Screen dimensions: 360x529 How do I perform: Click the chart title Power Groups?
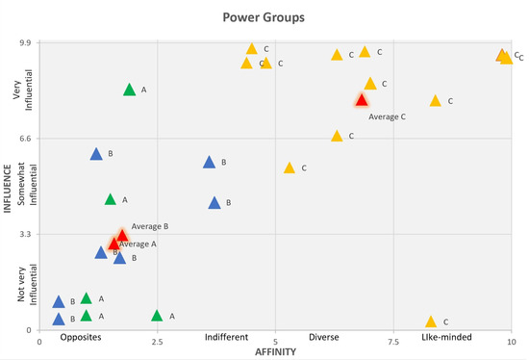(264, 16)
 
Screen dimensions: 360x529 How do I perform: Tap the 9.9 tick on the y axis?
(26, 43)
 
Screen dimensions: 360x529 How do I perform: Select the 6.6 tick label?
(26, 139)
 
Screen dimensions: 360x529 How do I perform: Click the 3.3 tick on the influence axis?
(26, 234)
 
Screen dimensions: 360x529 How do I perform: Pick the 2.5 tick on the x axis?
(157, 341)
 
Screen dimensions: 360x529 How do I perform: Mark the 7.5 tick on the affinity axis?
(393, 341)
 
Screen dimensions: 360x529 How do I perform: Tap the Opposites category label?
(81, 339)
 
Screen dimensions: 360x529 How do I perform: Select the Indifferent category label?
(226, 339)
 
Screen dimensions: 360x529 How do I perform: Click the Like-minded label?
(449, 339)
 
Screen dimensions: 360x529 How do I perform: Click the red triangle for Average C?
(362, 100)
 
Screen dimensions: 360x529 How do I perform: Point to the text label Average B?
(150, 226)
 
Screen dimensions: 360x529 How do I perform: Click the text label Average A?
(138, 244)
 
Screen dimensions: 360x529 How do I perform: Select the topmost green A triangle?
(130, 90)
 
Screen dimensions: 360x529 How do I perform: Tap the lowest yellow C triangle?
(431, 321)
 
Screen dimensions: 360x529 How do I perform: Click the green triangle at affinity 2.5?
(157, 316)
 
